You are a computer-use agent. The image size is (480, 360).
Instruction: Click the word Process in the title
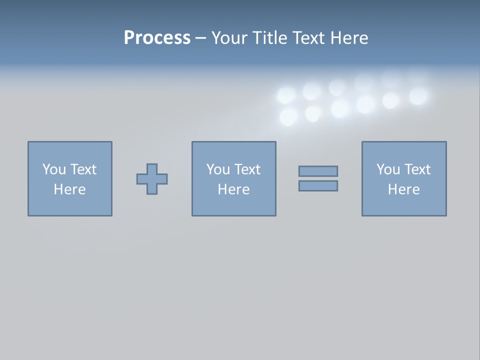tap(157, 38)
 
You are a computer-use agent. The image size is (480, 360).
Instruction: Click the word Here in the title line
tap(350, 38)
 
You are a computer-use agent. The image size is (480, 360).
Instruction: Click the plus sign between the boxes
tap(152, 179)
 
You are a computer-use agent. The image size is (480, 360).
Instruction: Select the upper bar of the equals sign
tap(318, 171)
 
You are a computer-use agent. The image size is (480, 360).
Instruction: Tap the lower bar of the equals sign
tap(318, 186)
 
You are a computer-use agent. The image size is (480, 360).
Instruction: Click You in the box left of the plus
tap(54, 169)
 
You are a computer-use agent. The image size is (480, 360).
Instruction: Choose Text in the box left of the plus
tap(82, 169)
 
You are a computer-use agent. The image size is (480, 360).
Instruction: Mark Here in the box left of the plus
tap(69, 189)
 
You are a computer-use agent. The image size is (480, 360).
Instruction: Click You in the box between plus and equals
tap(218, 169)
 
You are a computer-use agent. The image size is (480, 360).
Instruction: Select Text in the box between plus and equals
tap(246, 169)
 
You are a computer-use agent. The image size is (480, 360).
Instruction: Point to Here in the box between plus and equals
tap(233, 189)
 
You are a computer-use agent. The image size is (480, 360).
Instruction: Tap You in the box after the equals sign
tap(388, 169)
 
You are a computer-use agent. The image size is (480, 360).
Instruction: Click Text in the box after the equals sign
tap(416, 169)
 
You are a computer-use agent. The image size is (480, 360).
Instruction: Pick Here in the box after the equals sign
tap(403, 189)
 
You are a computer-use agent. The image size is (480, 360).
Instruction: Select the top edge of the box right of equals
tap(404, 142)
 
